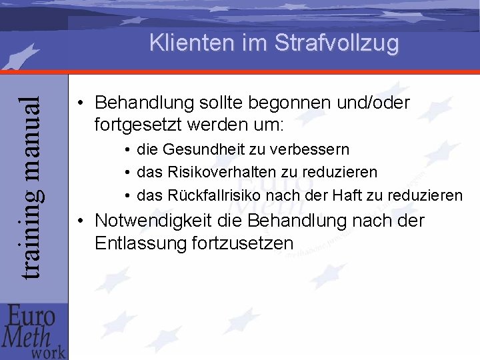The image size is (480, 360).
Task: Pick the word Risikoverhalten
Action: pos(224,172)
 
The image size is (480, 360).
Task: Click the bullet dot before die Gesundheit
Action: pos(127,149)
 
